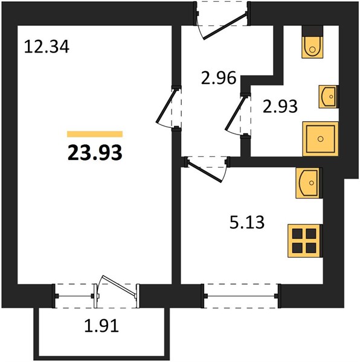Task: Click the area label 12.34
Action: (47, 46)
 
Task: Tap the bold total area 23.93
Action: (95, 153)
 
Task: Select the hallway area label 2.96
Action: (219, 78)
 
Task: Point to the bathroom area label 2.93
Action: (280, 106)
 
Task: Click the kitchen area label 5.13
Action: (247, 222)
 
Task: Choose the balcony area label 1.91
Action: (101, 326)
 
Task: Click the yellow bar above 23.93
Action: (95, 134)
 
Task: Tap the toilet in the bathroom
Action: (312, 47)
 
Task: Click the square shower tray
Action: (321, 139)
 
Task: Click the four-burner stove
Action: (304, 241)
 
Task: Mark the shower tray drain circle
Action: (320, 139)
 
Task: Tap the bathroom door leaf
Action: (235, 113)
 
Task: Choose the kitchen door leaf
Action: (205, 172)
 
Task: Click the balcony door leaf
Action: (118, 285)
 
